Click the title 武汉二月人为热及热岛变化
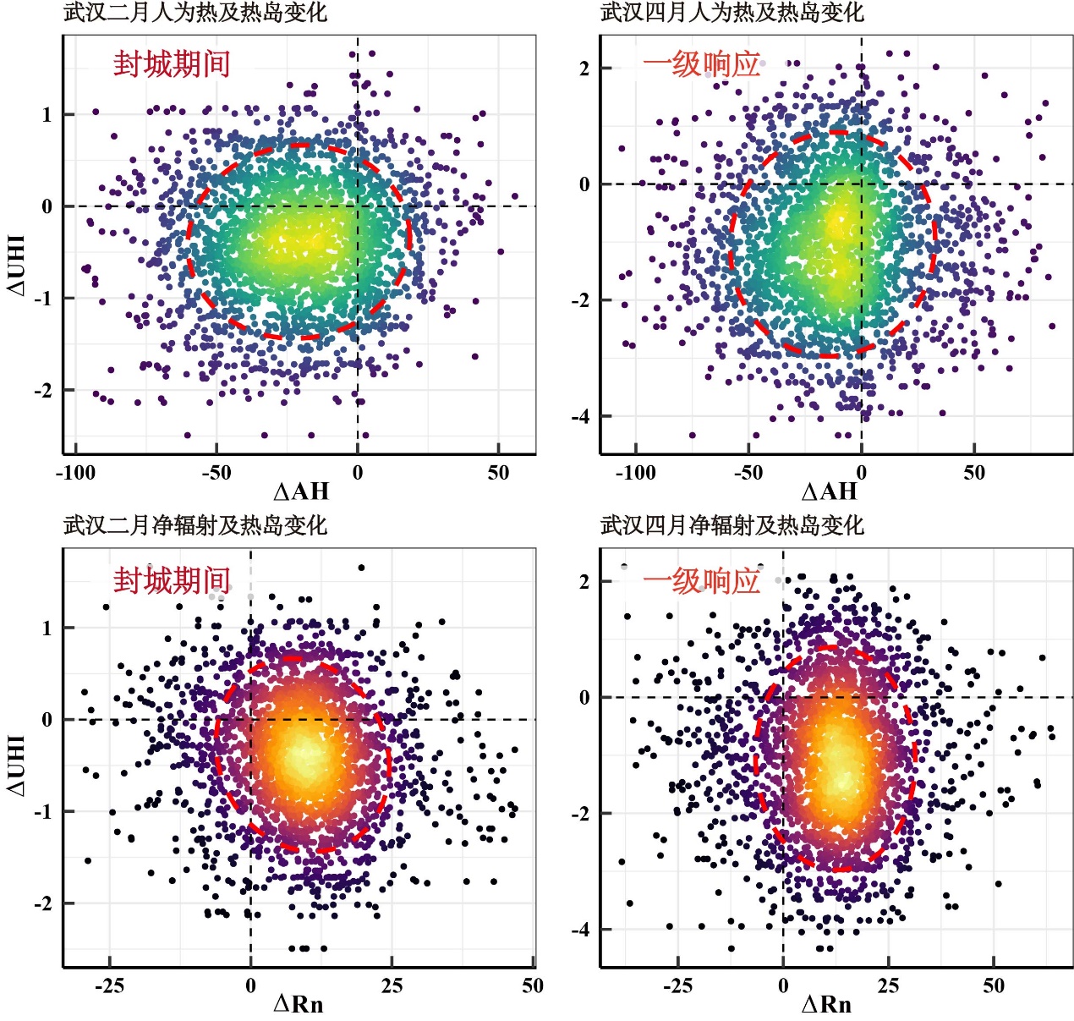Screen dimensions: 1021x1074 (x=195, y=13)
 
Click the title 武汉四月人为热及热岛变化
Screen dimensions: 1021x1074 (x=732, y=13)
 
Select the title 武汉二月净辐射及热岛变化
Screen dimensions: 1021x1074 (x=195, y=525)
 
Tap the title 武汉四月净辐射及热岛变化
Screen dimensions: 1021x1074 (x=732, y=525)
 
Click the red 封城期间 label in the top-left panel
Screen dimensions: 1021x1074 (x=172, y=64)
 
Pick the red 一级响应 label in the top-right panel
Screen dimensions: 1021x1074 (x=702, y=64)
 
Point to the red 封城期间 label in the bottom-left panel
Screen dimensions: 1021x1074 (x=172, y=580)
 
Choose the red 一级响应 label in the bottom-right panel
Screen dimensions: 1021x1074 (x=702, y=580)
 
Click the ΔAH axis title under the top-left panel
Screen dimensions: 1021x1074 (x=301, y=491)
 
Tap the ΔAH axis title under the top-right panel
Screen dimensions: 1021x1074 (x=829, y=491)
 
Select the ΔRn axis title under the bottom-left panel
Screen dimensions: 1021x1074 (x=299, y=1004)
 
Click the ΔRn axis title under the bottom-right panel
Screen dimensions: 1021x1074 (x=826, y=1004)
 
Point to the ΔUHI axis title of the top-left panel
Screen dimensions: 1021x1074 (x=17, y=265)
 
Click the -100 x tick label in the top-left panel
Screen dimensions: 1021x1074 (x=75, y=472)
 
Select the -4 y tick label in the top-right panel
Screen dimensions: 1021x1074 (x=582, y=417)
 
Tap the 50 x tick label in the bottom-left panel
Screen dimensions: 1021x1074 (x=532, y=985)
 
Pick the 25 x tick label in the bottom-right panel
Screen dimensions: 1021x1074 (x=888, y=985)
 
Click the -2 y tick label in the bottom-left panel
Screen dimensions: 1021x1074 (x=43, y=904)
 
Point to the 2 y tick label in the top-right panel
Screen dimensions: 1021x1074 (x=584, y=69)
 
